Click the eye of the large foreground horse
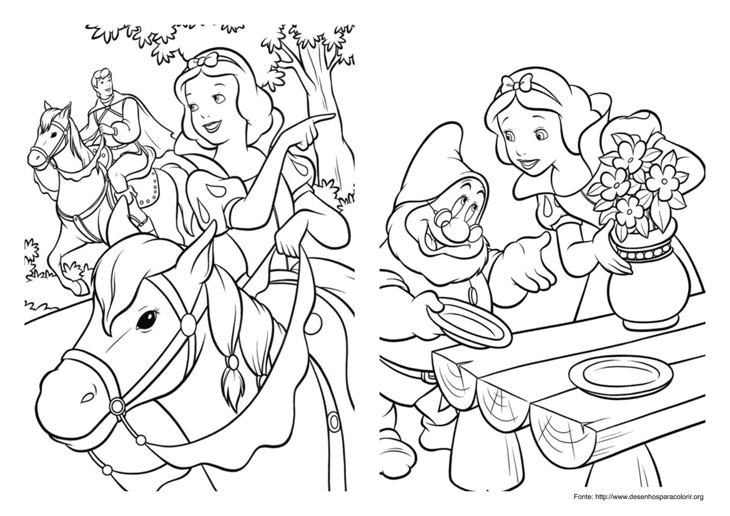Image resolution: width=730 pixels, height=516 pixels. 146,320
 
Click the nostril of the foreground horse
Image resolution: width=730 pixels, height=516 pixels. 86,395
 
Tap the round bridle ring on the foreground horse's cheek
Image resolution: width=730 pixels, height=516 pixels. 117,406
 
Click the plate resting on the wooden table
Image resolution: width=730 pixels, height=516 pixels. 619,374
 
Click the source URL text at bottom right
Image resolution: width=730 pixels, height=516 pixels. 638,497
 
